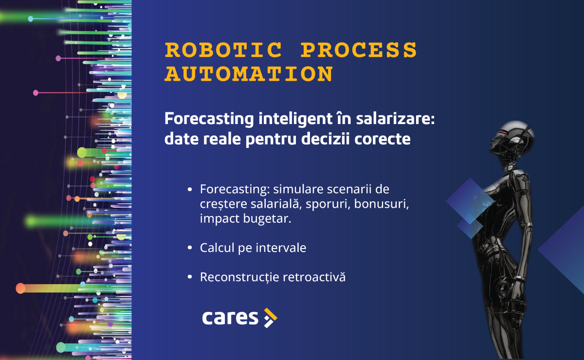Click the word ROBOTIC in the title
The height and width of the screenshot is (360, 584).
pos(223,50)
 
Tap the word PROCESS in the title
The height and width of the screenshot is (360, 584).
pos(359,50)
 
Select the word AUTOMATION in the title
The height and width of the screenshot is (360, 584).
pos(249,74)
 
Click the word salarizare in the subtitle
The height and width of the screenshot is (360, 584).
pos(395,119)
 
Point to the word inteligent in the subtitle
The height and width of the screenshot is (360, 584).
pos(295,120)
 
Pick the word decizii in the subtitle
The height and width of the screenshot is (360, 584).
pos(326,139)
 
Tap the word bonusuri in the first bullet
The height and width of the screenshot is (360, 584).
pos(382,204)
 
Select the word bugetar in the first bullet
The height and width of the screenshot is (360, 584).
pos(267,219)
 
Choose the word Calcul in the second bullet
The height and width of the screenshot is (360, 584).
pos(217,248)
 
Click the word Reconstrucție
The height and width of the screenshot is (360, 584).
pos(239,277)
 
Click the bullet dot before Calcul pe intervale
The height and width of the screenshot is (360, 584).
pos(190,248)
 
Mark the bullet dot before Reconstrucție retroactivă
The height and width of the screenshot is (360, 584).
pos(190,277)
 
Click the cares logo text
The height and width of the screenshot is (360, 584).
pos(230,318)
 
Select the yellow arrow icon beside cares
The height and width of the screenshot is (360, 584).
pos(271,318)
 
